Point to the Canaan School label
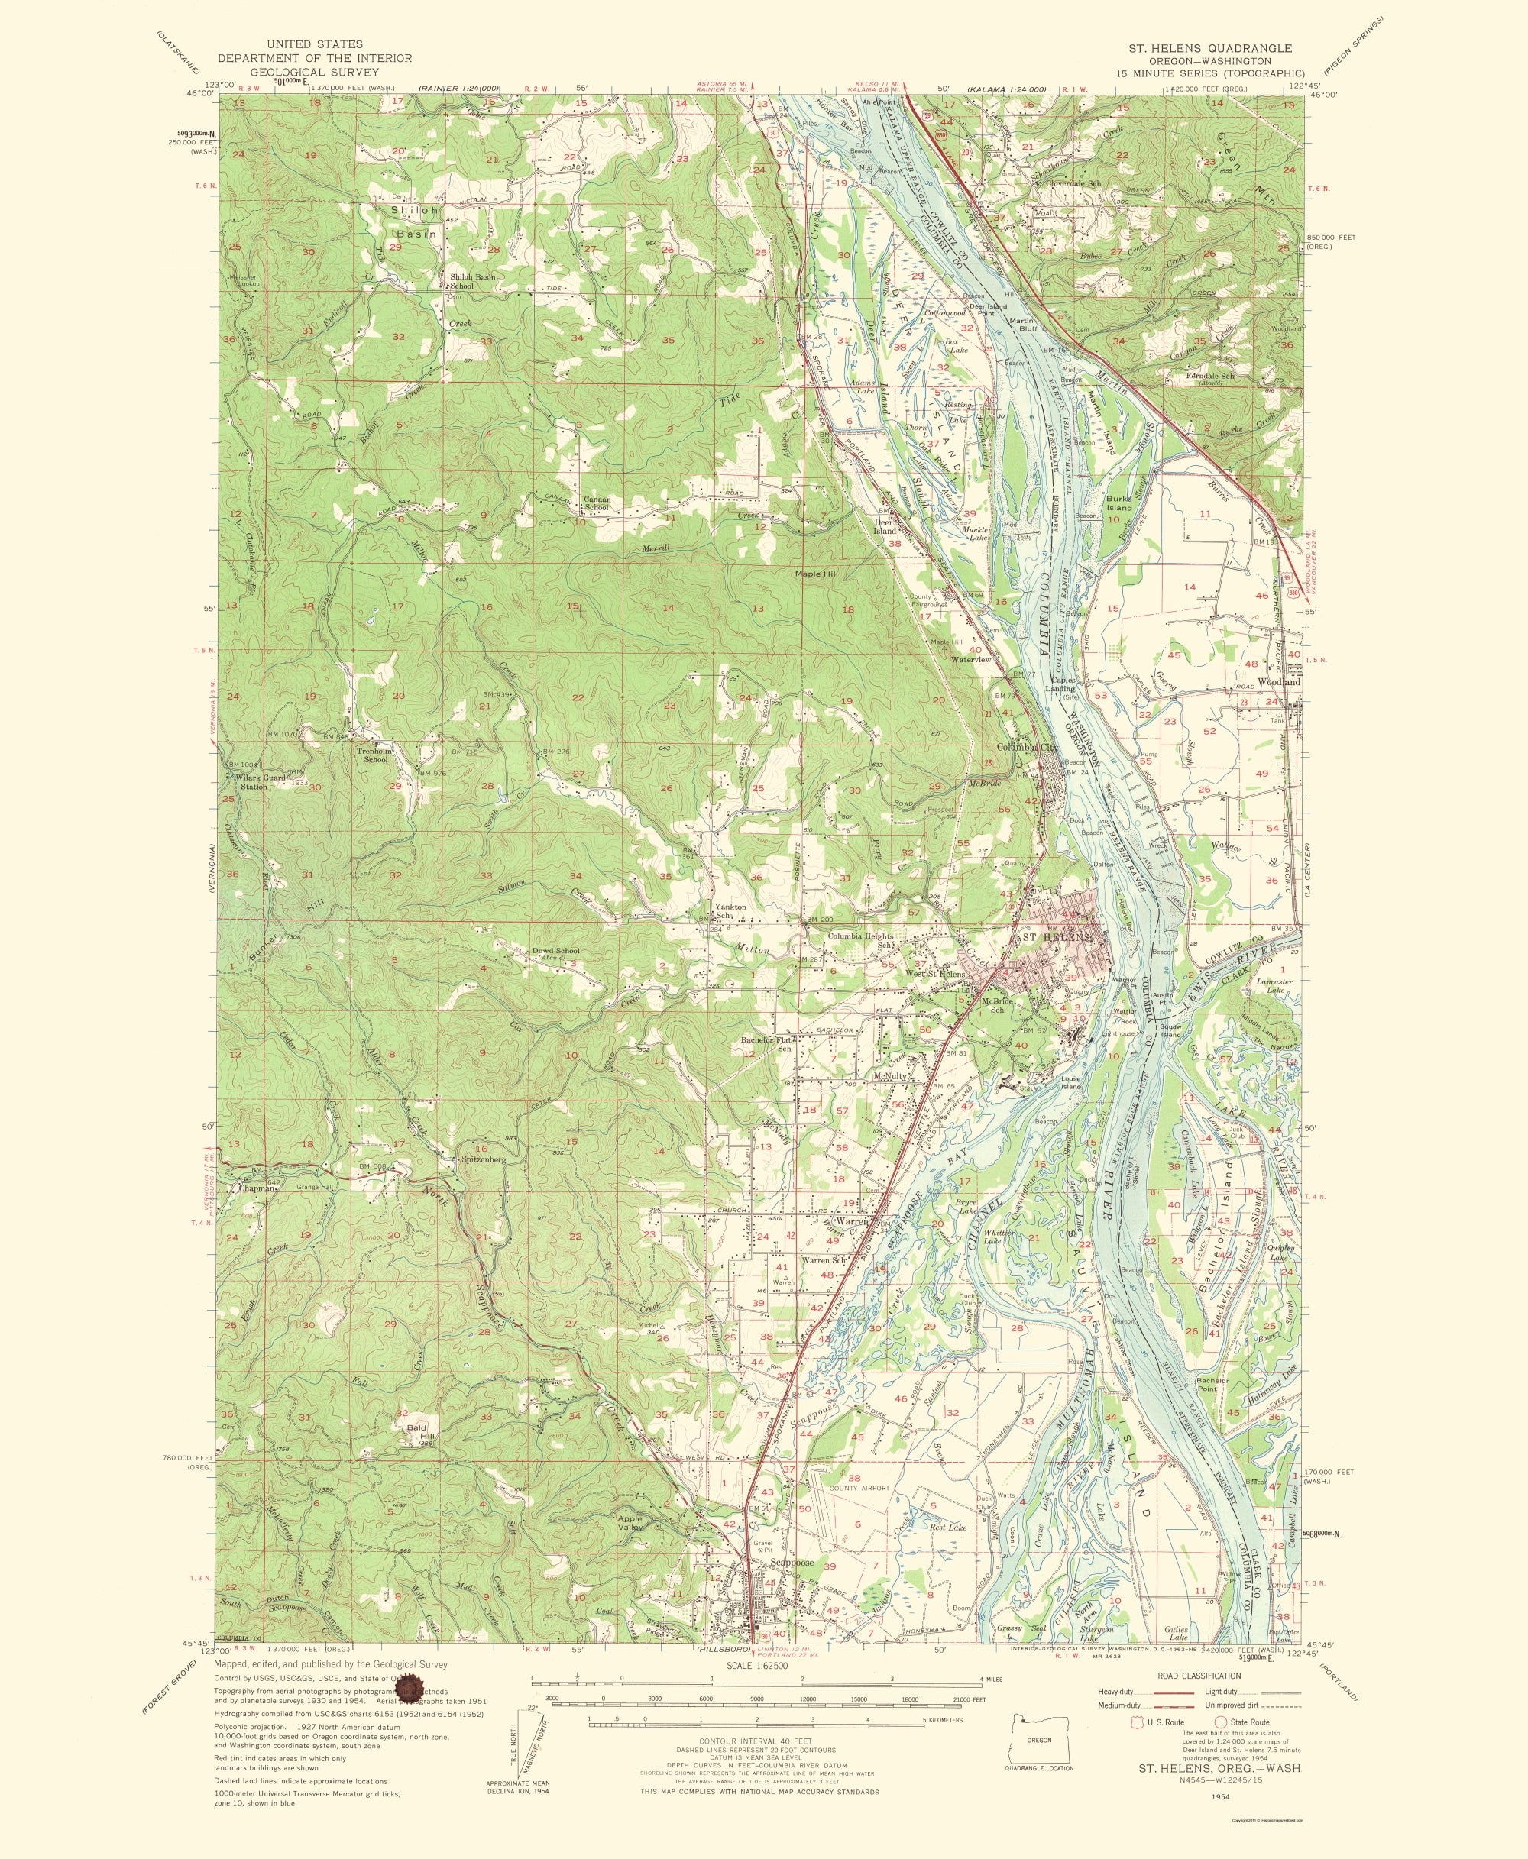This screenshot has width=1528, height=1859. pyautogui.click(x=597, y=503)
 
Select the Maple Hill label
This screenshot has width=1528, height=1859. pyautogui.click(x=816, y=574)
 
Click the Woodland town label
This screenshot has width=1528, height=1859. pyautogui.click(x=1279, y=682)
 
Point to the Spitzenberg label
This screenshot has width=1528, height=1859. pyautogui.click(x=483, y=1159)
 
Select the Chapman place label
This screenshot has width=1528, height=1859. pyautogui.click(x=257, y=1188)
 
